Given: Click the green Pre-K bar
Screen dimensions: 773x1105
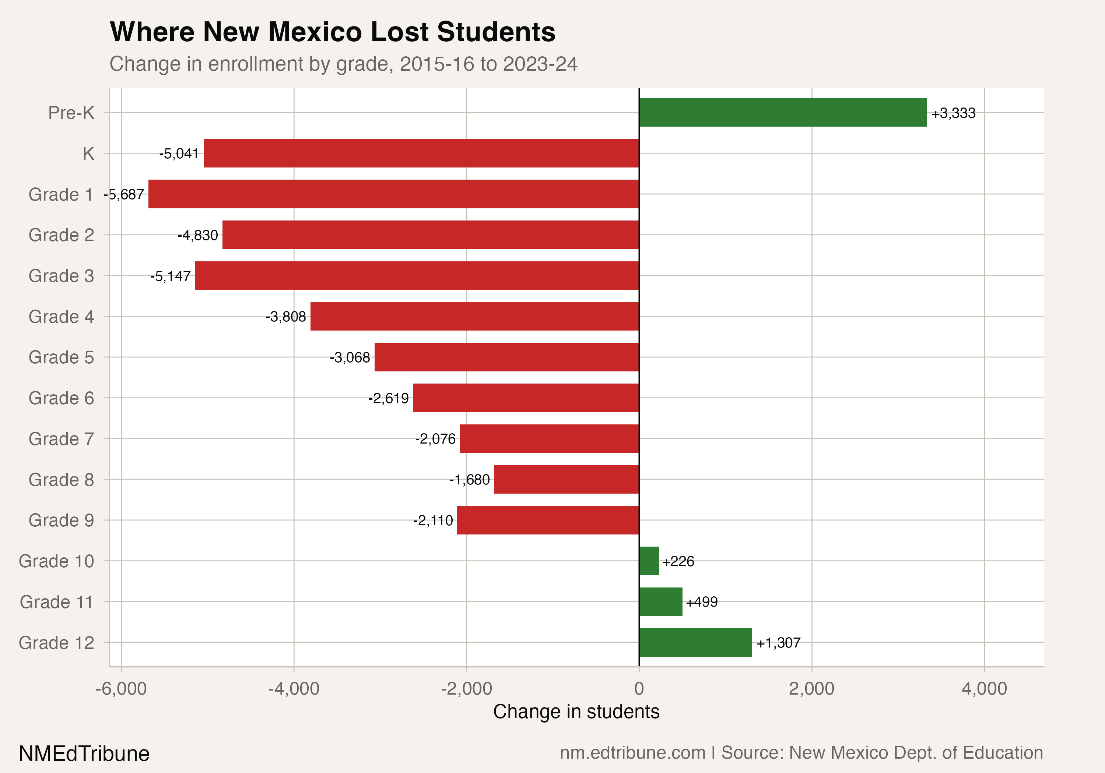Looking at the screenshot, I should [783, 113].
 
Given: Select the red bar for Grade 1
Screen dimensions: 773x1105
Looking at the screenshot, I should [393, 194].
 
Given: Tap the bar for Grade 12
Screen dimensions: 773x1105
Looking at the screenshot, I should [695, 642].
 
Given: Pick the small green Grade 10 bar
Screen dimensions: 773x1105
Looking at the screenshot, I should [649, 561].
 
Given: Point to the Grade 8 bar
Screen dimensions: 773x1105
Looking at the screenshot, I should [566, 479].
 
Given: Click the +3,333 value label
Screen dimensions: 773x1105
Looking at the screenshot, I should [953, 113].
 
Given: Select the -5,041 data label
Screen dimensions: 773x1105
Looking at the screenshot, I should [179, 154].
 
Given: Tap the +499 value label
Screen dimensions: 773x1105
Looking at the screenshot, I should [702, 602].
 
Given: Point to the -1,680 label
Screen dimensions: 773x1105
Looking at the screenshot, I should [470, 480].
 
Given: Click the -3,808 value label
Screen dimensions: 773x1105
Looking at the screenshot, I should [286, 317].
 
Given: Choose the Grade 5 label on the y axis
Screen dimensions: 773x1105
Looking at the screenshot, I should [61, 357].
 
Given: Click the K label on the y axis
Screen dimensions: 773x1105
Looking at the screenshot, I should [88, 154].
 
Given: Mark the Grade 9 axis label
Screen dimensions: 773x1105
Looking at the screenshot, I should [61, 520].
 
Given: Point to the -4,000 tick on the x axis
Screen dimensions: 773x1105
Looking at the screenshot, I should [294, 689].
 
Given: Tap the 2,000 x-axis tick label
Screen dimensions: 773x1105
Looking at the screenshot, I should [811, 689].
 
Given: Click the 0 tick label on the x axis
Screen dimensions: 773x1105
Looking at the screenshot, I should [639, 689].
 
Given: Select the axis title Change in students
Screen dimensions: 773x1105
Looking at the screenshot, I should [576, 712].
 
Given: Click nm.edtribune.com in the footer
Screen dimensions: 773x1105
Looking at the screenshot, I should [632, 753].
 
